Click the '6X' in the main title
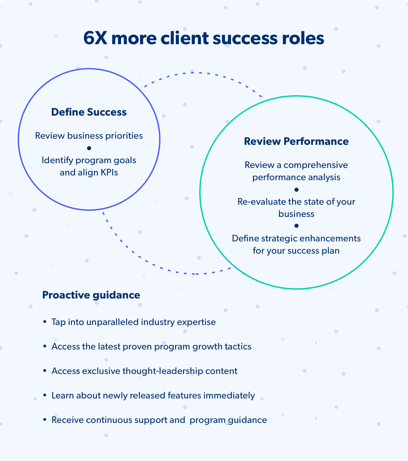[95, 38]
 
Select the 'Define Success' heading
[89, 112]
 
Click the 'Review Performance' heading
[296, 141]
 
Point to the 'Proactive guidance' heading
[91, 295]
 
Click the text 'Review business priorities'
[89, 136]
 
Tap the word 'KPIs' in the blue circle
[109, 173]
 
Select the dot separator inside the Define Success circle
[89, 148]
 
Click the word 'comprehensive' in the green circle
[316, 165]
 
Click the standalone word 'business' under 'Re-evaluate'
[296, 214]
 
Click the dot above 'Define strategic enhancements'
[296, 226]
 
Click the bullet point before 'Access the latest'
[45, 346]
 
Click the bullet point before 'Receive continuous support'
[45, 420]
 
